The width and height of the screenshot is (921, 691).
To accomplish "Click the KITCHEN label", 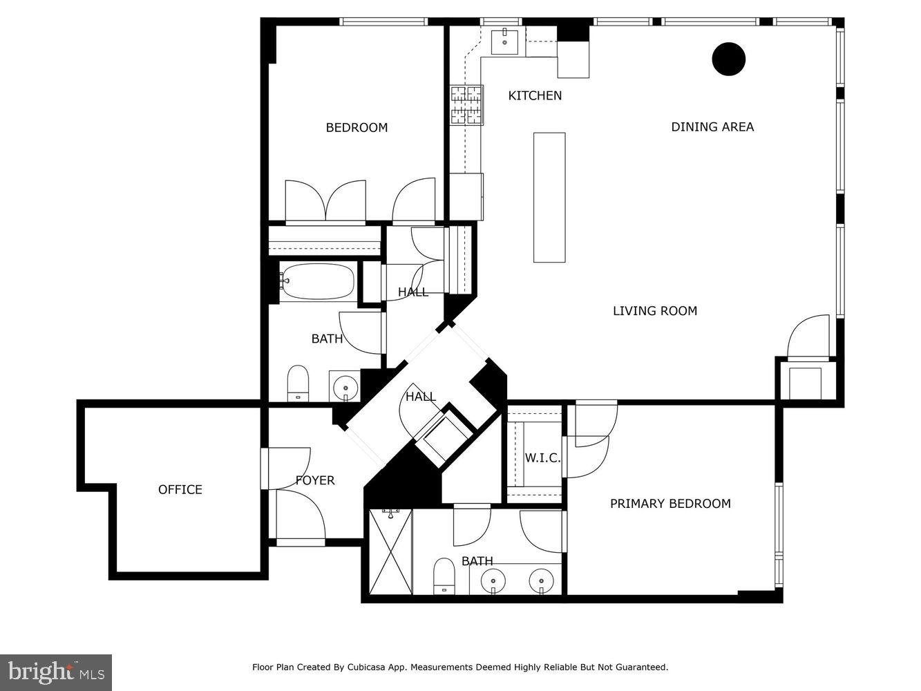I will tap(535, 95).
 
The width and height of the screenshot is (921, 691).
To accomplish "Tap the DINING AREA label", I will tap(712, 126).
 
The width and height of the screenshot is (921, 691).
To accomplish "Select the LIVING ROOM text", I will tap(654, 311).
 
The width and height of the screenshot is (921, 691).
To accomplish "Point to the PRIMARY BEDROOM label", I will tap(670, 504).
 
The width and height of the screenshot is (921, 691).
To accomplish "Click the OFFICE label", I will tap(180, 489).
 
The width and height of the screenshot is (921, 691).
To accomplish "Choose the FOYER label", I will tap(315, 480).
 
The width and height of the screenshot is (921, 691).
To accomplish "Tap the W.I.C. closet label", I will tap(542, 458).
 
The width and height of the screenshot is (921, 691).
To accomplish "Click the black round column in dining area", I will tap(728, 59).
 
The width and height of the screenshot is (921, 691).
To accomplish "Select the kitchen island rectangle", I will tap(549, 198).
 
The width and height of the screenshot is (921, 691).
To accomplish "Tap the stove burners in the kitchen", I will tap(466, 105).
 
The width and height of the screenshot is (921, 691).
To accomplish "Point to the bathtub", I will tap(317, 281).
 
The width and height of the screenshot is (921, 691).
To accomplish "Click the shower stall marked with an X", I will tap(390, 551).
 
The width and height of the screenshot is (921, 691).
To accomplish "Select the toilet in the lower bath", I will tap(443, 576).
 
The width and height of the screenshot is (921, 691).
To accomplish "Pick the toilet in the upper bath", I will tap(298, 382).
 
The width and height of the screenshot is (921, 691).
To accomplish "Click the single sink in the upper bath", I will tap(344, 387).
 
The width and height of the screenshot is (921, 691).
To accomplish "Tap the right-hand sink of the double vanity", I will tap(540, 580).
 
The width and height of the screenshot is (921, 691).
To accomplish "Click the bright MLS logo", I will tap(55, 672).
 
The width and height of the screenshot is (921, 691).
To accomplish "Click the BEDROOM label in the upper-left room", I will tap(357, 127).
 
